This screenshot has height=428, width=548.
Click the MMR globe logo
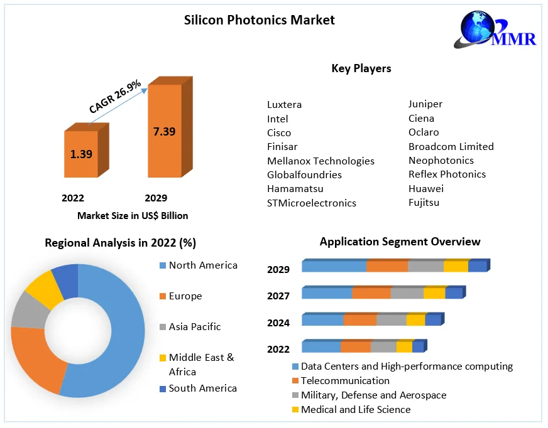click(494, 29)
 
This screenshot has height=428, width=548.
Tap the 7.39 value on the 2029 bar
click(164, 132)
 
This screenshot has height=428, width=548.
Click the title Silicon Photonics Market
click(260, 20)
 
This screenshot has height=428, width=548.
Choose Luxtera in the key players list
click(284, 104)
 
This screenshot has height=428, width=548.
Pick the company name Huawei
click(426, 188)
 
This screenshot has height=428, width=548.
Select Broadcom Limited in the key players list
click(451, 146)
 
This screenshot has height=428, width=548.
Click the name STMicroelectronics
click(312, 203)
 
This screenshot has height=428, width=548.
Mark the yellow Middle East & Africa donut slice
click(44, 289)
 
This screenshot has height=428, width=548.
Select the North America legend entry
click(198, 265)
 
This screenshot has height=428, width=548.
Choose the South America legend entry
click(198, 388)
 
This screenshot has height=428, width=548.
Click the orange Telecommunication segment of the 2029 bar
click(387, 266)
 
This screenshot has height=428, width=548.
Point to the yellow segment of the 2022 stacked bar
click(404, 347)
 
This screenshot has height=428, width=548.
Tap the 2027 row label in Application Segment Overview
click(278, 296)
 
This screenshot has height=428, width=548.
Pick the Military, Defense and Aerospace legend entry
click(369, 395)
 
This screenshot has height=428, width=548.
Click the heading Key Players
click(361, 68)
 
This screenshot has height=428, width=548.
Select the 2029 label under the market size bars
click(156, 198)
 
